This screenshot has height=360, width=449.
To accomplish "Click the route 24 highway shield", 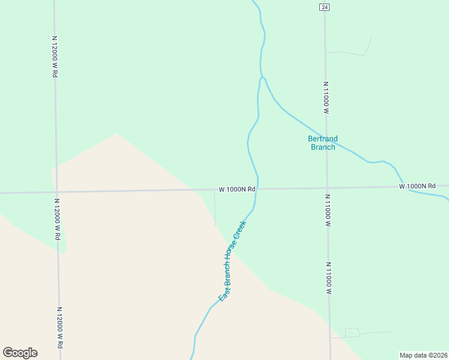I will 324,7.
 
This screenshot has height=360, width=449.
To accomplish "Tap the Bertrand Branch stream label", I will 322,143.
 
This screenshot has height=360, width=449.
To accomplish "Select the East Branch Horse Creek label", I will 232,261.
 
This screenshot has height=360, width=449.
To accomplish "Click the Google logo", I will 20,353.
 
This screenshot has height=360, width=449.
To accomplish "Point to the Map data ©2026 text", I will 423,355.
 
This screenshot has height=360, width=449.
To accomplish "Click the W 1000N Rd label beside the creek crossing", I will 237,189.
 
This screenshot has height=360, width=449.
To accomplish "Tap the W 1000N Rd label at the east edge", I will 417,187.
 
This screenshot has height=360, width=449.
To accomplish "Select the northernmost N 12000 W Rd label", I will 55,56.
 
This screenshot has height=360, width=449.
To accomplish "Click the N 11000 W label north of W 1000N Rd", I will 325,98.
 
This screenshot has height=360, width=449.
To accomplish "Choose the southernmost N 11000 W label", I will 329,277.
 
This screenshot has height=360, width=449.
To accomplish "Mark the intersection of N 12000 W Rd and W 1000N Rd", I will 56,192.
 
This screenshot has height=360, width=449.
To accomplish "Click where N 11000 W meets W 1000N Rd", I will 327,188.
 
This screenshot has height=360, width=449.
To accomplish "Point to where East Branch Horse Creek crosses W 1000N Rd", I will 258,189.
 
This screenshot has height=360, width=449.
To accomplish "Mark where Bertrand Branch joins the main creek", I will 262,78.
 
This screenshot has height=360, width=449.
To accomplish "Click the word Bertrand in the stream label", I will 322,139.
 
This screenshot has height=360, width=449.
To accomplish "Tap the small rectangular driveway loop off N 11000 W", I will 352,332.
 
